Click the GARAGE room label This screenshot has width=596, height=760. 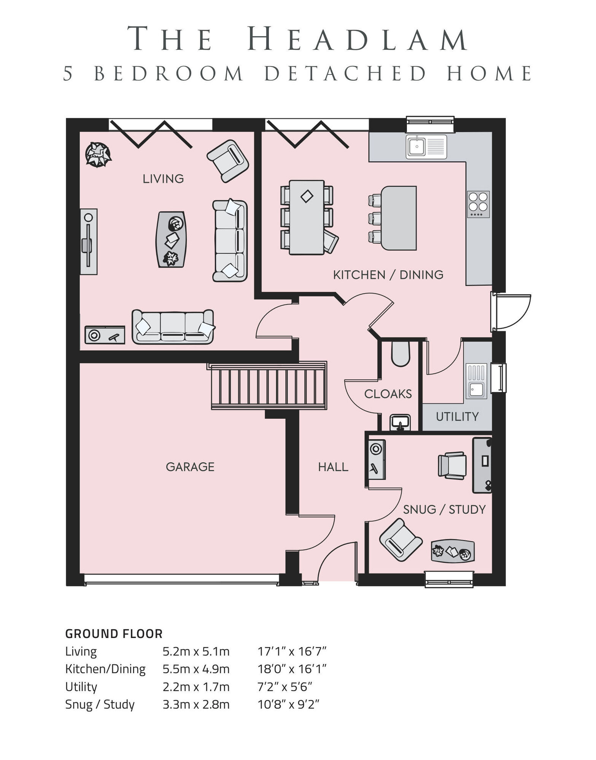pos(190,467)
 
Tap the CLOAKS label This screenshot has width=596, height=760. pos(388,394)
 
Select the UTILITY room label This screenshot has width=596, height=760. pos(457,416)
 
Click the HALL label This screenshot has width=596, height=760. pos(333,467)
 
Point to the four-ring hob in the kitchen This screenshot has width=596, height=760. pos(478,204)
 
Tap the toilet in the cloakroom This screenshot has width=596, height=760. pos(400,353)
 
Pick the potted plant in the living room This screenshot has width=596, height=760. pos(98,155)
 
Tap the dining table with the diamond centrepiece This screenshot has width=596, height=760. pos(307,217)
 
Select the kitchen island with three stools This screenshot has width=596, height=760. pos(398,218)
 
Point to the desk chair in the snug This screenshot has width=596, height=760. pos(452,465)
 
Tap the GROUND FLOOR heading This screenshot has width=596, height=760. pos(114,634)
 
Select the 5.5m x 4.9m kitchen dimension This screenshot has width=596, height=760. pos(196,669)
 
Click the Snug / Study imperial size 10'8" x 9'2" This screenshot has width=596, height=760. pos(288,704)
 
